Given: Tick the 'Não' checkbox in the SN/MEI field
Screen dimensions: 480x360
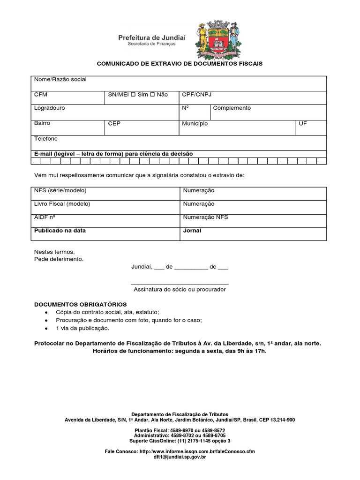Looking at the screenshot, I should click(152, 95).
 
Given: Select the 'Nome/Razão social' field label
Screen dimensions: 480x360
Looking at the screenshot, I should click(60, 80).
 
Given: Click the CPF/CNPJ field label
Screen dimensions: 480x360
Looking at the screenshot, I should click(197, 94).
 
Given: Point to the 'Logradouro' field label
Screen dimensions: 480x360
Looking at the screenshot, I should click(49, 108).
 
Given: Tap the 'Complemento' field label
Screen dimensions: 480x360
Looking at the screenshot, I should click(232, 108).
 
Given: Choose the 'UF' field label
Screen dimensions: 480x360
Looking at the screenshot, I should click(303, 124).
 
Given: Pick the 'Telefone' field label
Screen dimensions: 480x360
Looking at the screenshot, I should click(45, 139).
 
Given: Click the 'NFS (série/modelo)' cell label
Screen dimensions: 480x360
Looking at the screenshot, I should click(60, 191).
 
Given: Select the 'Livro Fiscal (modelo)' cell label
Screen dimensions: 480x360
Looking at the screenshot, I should click(62, 204).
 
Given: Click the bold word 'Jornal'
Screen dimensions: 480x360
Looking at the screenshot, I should click(192, 231).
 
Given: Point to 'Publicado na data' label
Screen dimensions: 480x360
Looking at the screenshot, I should click(60, 231).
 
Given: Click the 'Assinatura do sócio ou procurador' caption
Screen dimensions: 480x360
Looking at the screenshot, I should click(180, 289).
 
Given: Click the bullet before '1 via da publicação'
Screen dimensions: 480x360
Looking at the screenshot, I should click(45, 329).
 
